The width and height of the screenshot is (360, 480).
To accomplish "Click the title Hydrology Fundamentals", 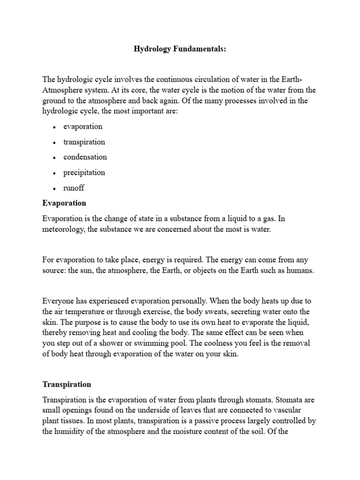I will [180, 49].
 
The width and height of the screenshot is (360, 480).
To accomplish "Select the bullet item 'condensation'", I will [85, 157].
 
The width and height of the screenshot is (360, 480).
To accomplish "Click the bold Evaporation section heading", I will [64, 203].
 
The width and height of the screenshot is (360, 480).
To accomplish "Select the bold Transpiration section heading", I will [67, 384].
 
